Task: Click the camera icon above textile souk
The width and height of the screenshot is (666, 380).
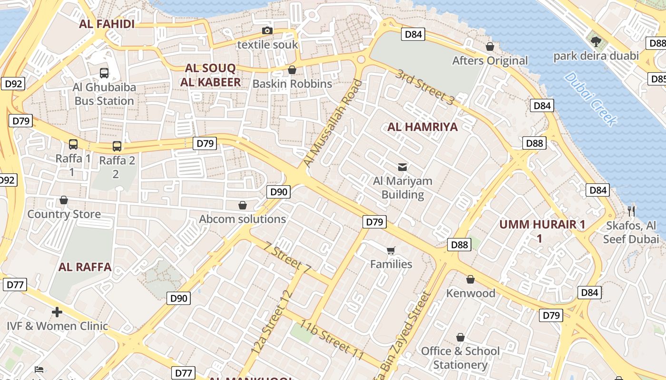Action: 267,31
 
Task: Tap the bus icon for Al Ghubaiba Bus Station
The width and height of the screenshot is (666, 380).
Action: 104,73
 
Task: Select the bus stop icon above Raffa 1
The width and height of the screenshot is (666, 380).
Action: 73,144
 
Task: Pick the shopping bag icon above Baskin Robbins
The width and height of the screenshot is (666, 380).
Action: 292,70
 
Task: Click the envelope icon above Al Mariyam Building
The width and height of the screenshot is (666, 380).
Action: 402,167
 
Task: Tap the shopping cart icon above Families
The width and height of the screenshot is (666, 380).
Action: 391,250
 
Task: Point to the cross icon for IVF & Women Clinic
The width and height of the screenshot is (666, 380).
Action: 57,312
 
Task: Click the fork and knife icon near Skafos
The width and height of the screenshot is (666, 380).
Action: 631,211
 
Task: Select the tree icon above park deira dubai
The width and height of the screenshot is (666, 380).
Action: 596,42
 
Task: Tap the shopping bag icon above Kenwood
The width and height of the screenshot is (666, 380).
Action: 470,279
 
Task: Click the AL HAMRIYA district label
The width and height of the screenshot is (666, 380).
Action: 422,127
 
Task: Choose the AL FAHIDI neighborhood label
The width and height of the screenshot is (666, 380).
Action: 107,24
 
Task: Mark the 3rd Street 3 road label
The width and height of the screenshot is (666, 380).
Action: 425,86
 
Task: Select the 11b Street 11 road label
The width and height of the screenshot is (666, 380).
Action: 332,340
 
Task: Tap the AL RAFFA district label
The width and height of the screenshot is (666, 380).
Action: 85,267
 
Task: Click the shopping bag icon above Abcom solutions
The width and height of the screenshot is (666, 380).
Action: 243,205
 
